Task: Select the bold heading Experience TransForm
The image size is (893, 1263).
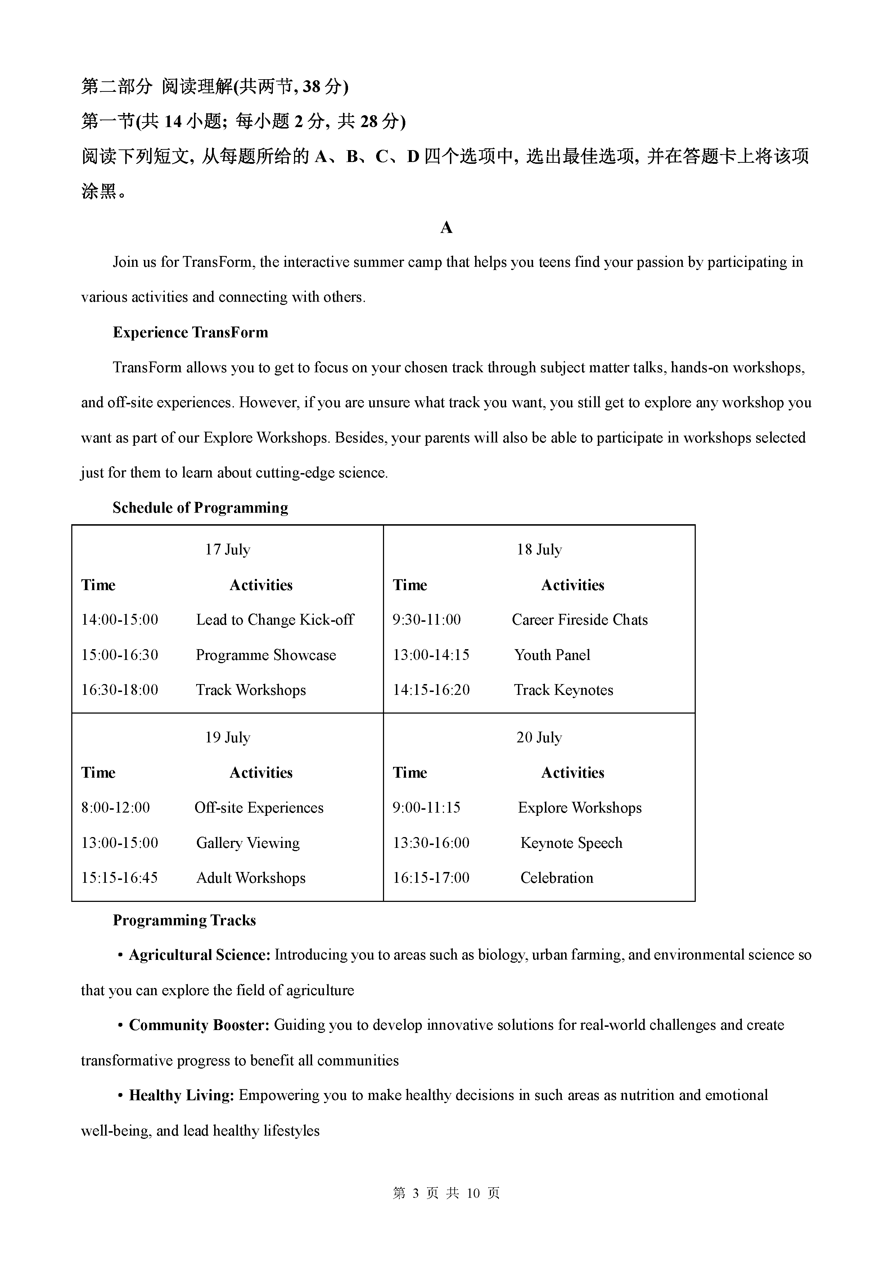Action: tap(190, 332)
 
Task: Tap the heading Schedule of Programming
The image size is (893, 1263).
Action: tap(200, 507)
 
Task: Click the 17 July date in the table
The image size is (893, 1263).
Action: tap(227, 549)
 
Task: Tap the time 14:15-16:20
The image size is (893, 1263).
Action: tap(431, 690)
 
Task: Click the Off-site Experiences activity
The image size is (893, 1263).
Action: tap(259, 808)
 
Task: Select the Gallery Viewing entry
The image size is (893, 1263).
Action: tap(248, 843)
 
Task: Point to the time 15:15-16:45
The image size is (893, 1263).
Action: tap(119, 877)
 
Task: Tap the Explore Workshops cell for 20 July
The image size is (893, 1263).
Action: tap(579, 808)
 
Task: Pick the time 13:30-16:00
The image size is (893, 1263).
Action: tap(431, 843)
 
